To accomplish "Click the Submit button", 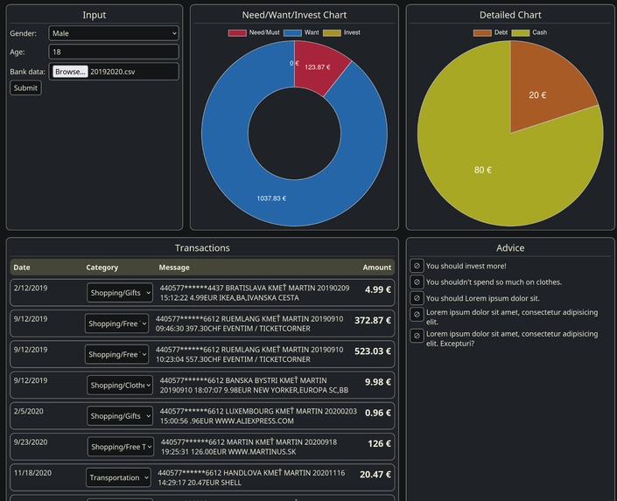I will coord(25,87).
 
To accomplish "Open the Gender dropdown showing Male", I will coord(114,33).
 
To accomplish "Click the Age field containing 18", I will coord(114,52).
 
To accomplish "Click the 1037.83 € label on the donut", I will coord(270,198).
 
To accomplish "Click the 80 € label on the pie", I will coord(483,170).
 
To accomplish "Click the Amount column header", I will coord(377,268).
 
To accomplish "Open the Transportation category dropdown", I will coord(118,477).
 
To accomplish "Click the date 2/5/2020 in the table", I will coord(29,411).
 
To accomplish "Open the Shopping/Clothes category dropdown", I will coord(120,385).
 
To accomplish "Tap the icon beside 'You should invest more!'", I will coord(417,266).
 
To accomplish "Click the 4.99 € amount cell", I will coord(378,289).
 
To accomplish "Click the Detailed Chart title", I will coord(510,15).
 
